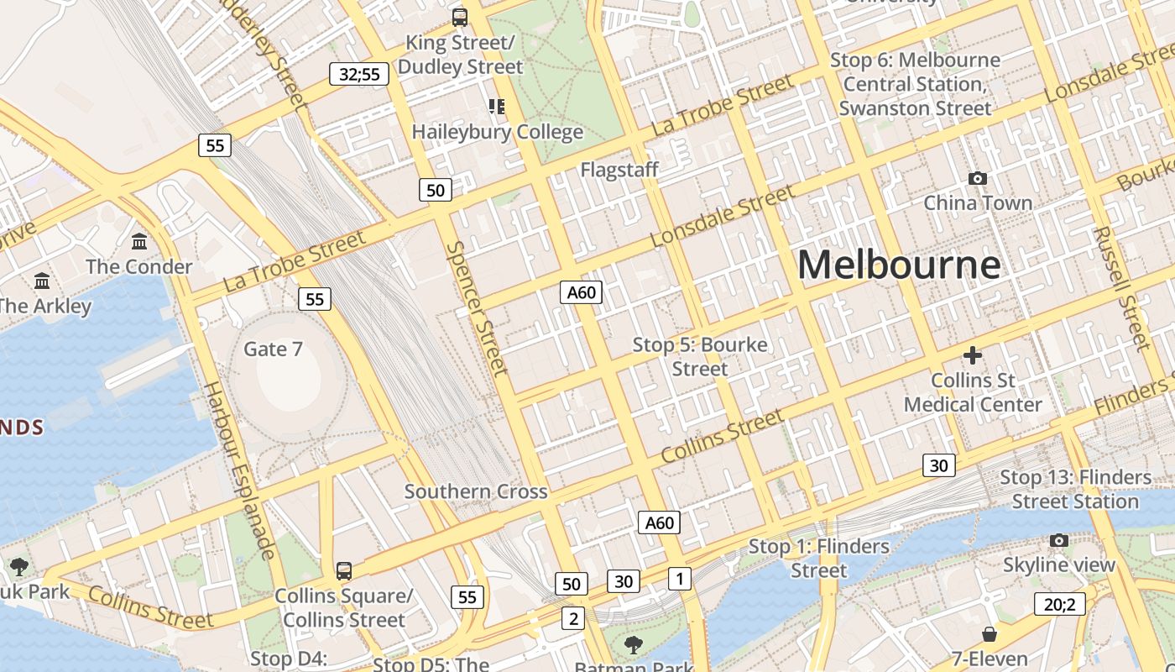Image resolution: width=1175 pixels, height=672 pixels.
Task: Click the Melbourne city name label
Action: click(899, 265)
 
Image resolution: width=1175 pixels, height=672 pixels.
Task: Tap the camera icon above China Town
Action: click(977, 178)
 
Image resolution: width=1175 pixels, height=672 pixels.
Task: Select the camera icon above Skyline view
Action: click(1059, 540)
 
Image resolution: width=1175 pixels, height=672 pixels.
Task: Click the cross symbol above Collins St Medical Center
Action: click(973, 355)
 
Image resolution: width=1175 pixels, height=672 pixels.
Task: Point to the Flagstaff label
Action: click(619, 170)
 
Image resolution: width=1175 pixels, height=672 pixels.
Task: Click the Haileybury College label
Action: click(497, 132)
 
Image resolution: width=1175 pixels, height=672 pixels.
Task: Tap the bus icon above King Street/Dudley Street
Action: click(460, 17)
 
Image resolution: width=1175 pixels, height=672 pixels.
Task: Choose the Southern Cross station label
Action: click(476, 491)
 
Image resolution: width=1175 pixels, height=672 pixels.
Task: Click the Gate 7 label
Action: click(273, 349)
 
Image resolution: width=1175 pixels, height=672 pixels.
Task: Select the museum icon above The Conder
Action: click(139, 242)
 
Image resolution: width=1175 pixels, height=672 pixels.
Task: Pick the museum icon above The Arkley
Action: click(42, 281)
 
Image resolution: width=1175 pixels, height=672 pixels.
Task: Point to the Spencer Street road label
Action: click(477, 308)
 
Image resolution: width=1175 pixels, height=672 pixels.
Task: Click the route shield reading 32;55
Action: click(359, 74)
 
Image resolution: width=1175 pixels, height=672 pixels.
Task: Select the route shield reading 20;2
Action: click(1059, 603)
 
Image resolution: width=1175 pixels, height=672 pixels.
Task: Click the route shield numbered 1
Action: click(680, 578)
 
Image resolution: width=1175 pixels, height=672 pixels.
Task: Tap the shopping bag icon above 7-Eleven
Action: click(990, 633)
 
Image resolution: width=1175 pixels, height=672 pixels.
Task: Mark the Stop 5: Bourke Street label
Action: click(699, 357)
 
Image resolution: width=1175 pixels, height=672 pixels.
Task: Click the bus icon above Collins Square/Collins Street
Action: click(344, 571)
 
